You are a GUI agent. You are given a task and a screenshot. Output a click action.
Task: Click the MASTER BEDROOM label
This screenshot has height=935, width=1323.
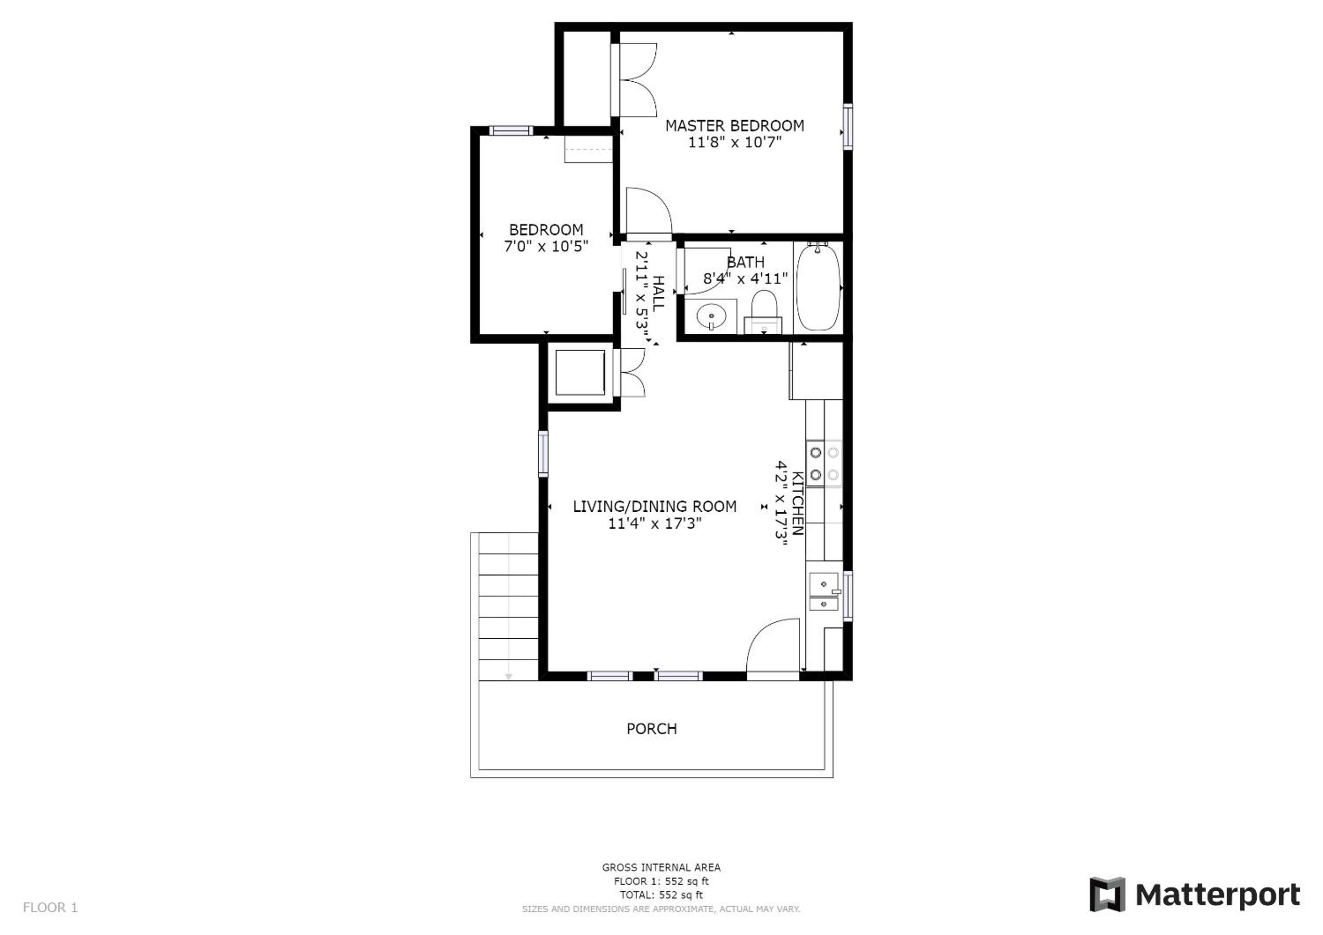(735, 126)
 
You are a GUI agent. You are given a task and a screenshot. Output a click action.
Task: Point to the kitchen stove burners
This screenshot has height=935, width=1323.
(824, 463)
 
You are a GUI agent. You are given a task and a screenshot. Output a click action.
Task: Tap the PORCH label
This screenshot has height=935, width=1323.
(652, 729)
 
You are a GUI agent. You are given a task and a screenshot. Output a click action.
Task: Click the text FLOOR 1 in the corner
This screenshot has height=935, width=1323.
(50, 908)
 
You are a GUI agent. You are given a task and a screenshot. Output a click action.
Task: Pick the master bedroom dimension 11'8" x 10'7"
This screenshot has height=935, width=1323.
(735, 142)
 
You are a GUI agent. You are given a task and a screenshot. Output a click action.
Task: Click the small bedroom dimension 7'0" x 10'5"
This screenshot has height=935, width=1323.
(546, 247)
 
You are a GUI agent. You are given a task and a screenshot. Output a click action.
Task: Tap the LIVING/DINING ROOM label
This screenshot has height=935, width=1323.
(654, 507)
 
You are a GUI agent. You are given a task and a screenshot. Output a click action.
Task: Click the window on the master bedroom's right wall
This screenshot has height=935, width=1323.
(848, 126)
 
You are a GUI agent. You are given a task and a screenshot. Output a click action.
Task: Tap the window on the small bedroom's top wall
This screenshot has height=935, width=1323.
(511, 131)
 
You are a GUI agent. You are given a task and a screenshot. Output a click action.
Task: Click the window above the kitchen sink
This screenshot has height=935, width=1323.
(848, 595)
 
